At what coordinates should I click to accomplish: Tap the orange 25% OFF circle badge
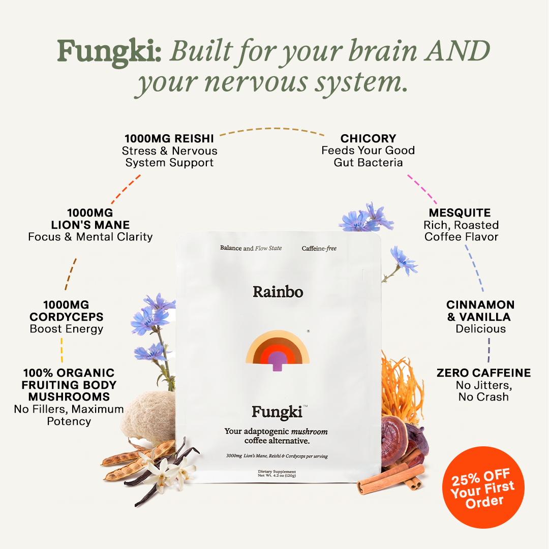tap(483, 487)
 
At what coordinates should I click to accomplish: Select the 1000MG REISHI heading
tap(169, 139)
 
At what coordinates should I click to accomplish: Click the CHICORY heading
tap(369, 139)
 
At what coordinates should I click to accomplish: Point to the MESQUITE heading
tap(460, 213)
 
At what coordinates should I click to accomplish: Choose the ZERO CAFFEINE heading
tap(483, 373)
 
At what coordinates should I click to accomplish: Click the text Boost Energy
tap(67, 329)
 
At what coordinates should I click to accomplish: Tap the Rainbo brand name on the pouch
tap(278, 292)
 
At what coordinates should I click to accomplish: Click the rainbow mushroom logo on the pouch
tap(278, 350)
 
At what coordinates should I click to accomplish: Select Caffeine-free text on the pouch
tap(319, 248)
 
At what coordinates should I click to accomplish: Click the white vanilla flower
tap(165, 471)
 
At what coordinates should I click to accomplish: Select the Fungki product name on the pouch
tap(277, 412)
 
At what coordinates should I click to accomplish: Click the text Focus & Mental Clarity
tap(90, 237)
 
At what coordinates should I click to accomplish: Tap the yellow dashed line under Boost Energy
tap(62, 350)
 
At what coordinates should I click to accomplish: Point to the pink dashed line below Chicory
tap(422, 190)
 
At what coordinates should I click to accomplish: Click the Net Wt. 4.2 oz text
tap(277, 475)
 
